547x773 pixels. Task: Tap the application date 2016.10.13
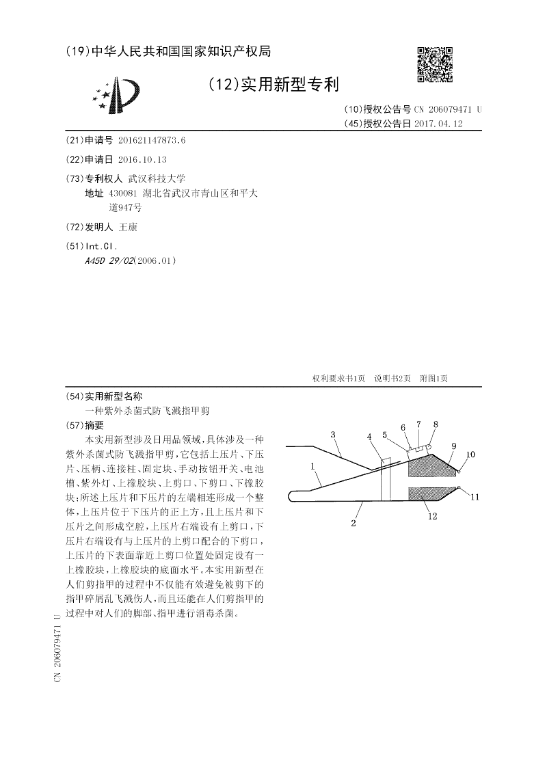pos(142,159)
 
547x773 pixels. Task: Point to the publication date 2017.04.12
pos(438,124)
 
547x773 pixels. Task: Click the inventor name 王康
pos(128,227)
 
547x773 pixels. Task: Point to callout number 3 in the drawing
pos(333,434)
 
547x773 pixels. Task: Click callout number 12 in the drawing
pos(432,517)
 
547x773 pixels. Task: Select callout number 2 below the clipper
pos(353,524)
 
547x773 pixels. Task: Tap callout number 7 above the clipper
pos(418,424)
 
